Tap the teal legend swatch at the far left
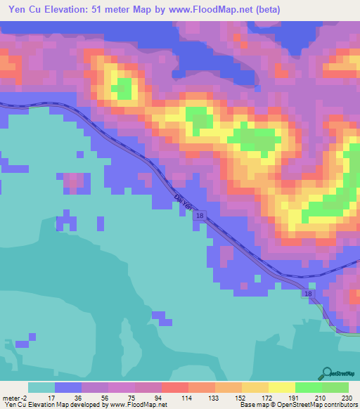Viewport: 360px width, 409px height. click(x=41, y=387)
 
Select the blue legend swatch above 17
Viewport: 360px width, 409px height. click(x=67, y=387)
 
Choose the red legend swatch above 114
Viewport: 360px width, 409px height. click(x=174, y=387)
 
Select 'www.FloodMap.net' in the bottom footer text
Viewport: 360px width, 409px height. click(x=137, y=405)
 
